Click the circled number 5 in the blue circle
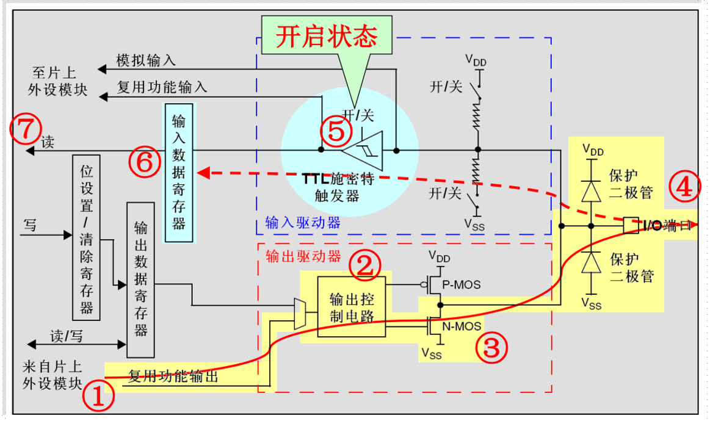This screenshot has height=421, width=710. (336, 131)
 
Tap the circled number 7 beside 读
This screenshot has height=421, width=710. (24, 129)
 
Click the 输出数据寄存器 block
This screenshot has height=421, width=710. (140, 279)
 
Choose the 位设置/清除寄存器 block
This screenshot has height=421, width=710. (86, 237)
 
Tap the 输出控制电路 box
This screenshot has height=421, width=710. (352, 306)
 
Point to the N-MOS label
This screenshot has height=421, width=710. (462, 326)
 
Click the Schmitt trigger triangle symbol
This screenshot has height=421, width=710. (364, 149)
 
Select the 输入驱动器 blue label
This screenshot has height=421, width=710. (303, 223)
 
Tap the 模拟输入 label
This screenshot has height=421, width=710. (146, 60)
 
